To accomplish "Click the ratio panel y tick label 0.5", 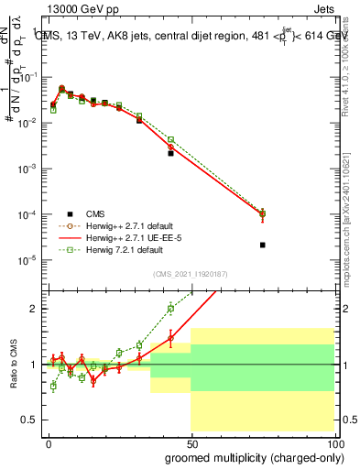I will [x=30, y=420].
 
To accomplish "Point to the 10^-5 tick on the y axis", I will [x=27, y=260].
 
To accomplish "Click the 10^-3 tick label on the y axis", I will [x=27, y=169].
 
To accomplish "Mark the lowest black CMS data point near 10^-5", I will [x=263, y=245].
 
